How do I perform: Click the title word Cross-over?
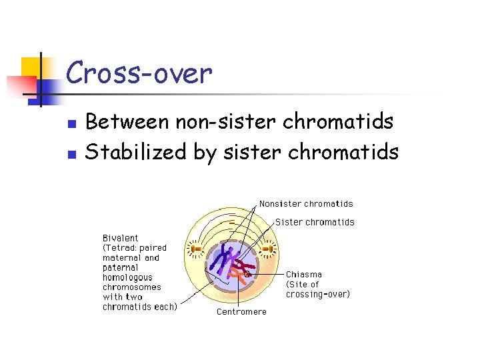pyautogui.click(x=139, y=73)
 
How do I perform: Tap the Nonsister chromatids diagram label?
pyautogui.click(x=306, y=204)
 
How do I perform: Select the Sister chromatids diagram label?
pyautogui.click(x=315, y=222)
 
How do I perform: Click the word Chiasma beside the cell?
pyautogui.click(x=304, y=274)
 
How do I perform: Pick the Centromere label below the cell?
pyautogui.click(x=241, y=311)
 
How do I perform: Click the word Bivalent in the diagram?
pyautogui.click(x=121, y=237)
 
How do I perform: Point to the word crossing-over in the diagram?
pyautogui.click(x=318, y=294)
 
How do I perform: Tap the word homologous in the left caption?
pyautogui.click(x=127, y=277)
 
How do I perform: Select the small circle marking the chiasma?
pyautogui.click(x=247, y=273)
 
